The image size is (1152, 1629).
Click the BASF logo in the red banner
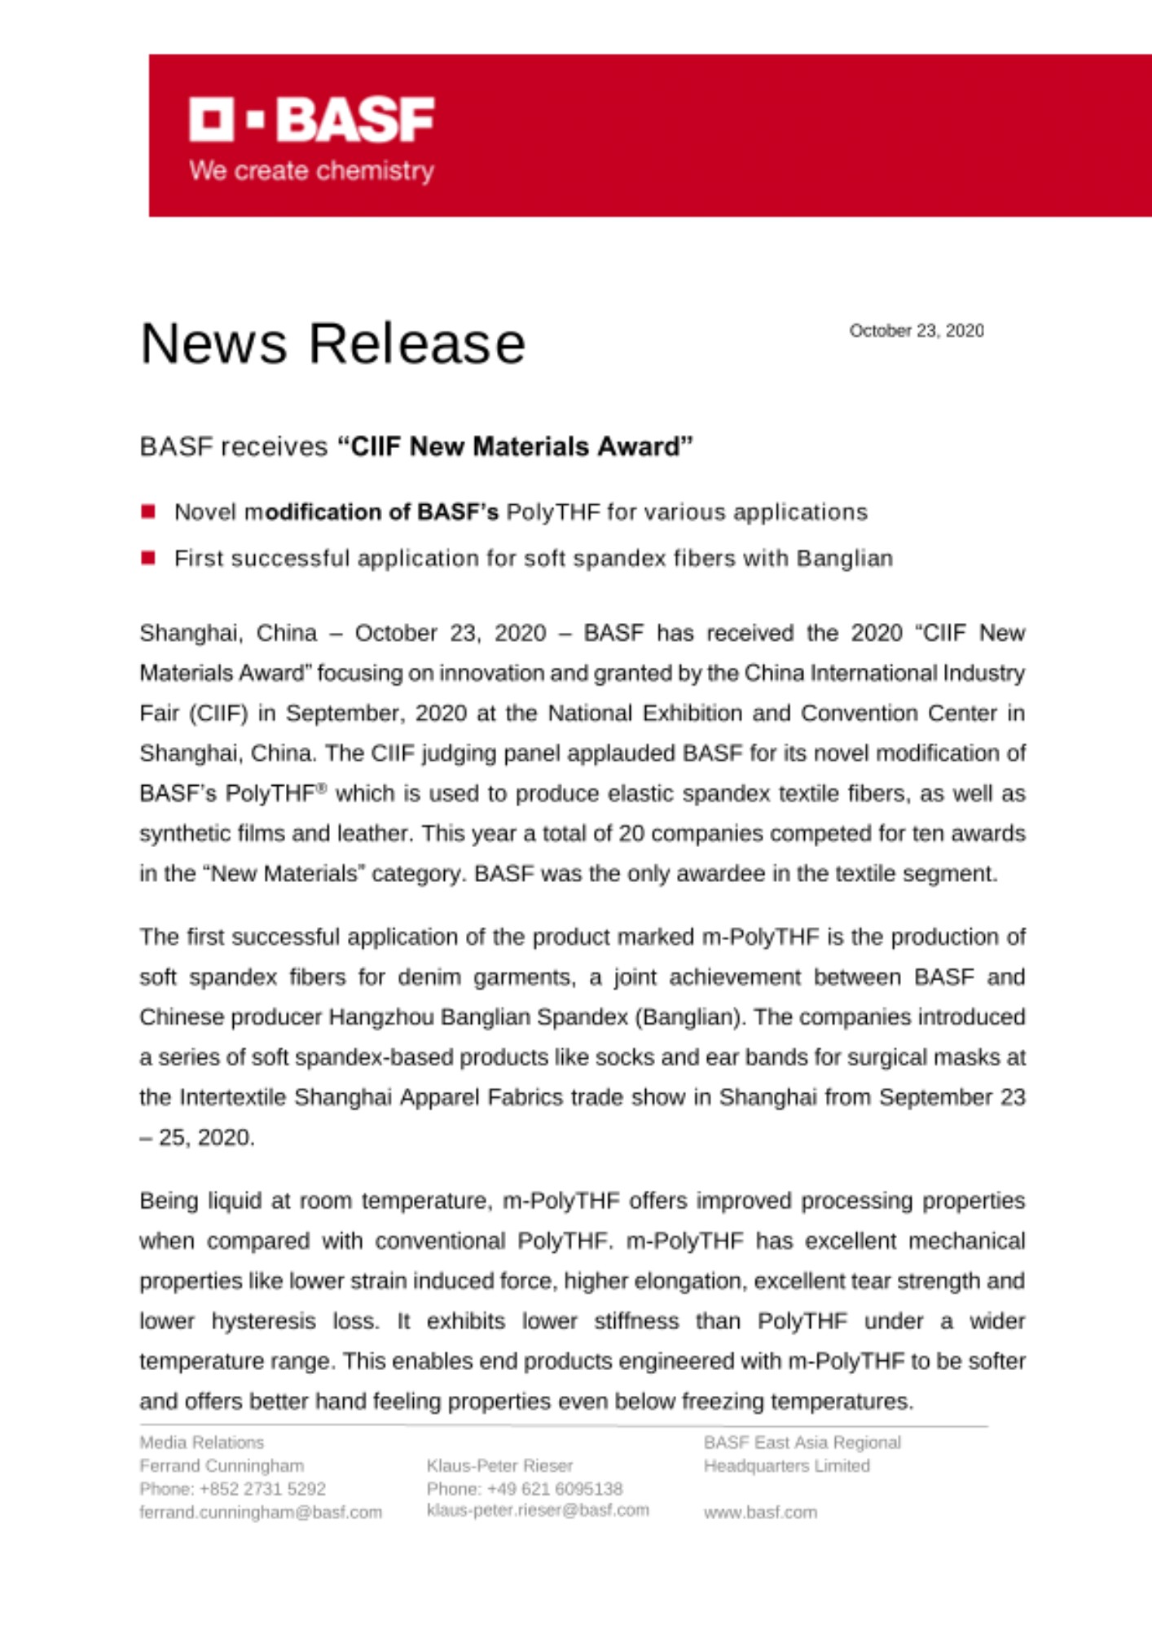tap(311, 120)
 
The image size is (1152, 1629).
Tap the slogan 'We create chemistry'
tap(311, 171)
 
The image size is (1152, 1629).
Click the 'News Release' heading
tap(332, 343)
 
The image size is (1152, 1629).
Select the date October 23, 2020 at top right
tap(916, 331)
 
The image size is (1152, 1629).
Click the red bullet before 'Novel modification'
tap(148, 512)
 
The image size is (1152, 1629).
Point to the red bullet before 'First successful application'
tap(148, 558)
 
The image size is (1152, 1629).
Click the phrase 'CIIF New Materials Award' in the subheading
tap(515, 446)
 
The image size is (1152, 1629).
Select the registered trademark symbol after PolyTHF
tap(322, 788)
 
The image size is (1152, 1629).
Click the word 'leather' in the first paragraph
tap(373, 833)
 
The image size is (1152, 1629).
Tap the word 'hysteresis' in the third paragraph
tap(263, 1320)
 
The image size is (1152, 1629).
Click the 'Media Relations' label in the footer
tap(201, 1442)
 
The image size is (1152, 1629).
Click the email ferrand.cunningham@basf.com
tap(261, 1513)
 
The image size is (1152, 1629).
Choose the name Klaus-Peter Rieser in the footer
tap(499, 1465)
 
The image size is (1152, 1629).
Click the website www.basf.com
tap(760, 1513)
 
